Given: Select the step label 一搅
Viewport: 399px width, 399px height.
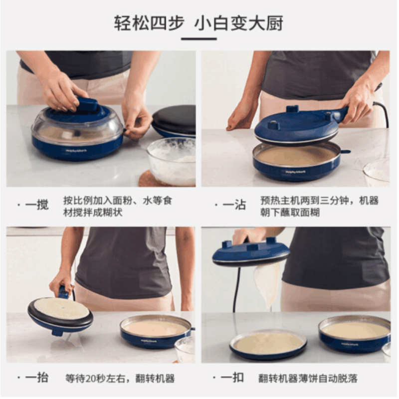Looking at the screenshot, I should click(37, 205).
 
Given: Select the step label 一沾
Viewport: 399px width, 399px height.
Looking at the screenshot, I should click(234, 205).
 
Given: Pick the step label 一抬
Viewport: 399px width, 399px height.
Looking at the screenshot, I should click(37, 378).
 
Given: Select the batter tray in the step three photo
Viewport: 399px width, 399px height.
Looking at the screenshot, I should click(155, 330).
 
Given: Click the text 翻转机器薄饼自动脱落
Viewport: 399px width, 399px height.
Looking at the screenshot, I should click(308, 378).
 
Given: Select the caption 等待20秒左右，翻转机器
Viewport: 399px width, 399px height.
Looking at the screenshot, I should click(120, 378).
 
